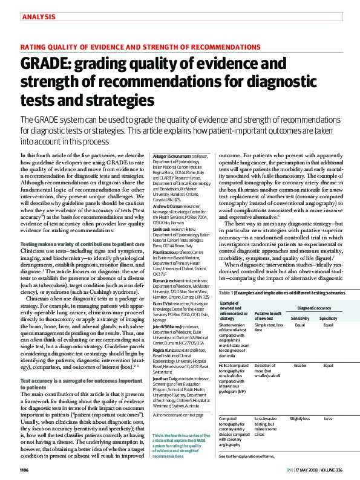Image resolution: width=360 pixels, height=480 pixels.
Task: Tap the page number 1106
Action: click(x=24, y=469)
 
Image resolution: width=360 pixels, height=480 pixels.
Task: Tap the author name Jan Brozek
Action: click(x=162, y=230)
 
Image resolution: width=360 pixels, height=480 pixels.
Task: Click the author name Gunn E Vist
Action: click(x=162, y=302)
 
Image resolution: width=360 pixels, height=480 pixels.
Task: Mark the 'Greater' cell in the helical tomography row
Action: click(x=299, y=366)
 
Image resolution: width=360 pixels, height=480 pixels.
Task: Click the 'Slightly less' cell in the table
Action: click(x=299, y=418)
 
